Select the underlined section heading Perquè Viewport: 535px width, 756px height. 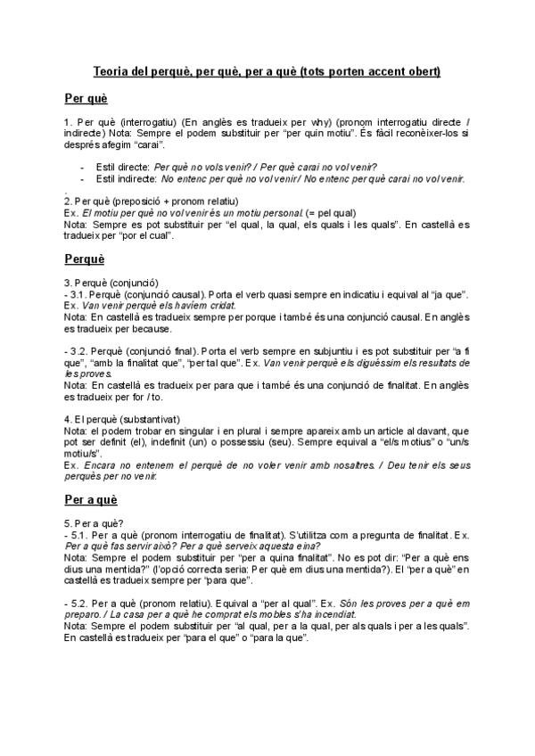click(85, 259)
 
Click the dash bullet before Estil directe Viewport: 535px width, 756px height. click(82, 166)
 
